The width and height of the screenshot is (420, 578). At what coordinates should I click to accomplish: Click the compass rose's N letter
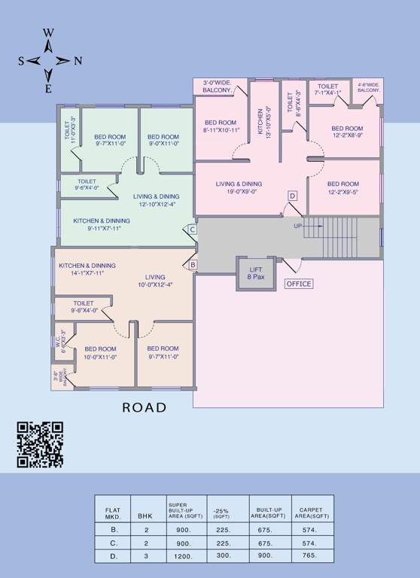pos(78,61)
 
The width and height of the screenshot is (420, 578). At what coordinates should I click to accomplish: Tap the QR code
pos(40,444)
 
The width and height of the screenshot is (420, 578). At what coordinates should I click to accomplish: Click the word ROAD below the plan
pos(145,407)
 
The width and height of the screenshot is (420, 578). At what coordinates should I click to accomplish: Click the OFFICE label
pos(298,284)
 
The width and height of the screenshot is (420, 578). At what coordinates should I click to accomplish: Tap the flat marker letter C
pos(192,230)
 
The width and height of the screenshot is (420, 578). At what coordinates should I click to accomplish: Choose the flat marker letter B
pos(192,265)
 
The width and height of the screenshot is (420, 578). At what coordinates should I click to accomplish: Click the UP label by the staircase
pos(298,225)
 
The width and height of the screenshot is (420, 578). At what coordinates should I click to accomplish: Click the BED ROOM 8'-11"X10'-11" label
pos(221,126)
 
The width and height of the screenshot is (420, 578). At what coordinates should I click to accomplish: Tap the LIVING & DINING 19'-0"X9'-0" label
pos(239,187)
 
